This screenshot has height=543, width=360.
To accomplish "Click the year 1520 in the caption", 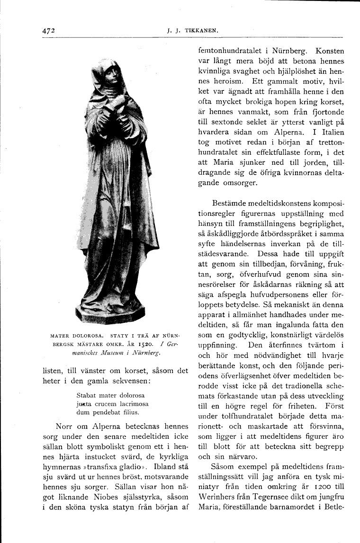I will pos(145,345).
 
